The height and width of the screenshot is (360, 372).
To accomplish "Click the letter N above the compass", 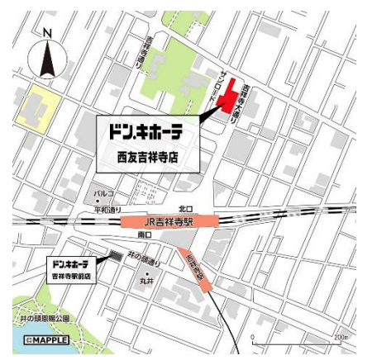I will click(x=47, y=33).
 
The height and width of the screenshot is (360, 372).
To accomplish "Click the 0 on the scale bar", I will click(x=254, y=337).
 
